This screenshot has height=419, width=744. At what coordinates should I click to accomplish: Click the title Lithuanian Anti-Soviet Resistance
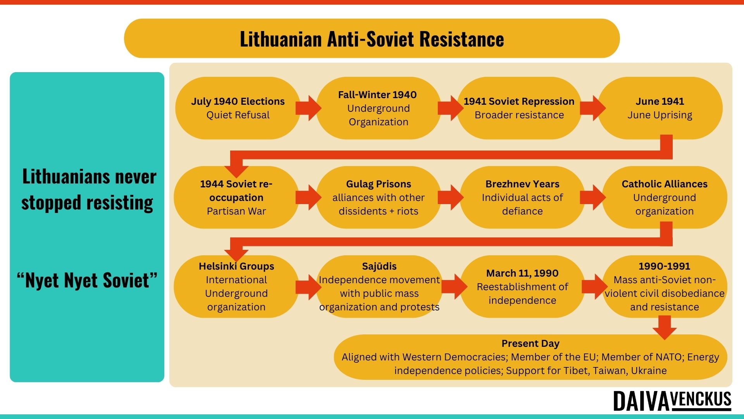click(x=372, y=39)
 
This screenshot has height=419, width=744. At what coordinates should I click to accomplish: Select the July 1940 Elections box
click(x=238, y=108)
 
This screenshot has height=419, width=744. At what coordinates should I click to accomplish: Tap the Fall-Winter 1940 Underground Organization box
click(x=379, y=108)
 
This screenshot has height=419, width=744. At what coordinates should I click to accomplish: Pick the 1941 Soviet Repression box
click(x=519, y=108)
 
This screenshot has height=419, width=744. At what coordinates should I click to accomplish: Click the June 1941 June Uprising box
click(x=660, y=108)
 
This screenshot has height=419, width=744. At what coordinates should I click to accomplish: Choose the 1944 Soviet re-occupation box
click(x=236, y=197)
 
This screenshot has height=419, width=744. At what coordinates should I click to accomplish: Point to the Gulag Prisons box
click(x=379, y=197)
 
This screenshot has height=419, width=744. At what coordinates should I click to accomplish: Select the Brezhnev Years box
click(x=522, y=197)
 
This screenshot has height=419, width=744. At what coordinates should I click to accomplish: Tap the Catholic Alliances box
click(x=665, y=197)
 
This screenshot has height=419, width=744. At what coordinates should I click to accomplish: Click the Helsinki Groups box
click(x=236, y=287)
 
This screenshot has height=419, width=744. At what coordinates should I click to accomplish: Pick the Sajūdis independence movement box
click(x=379, y=287)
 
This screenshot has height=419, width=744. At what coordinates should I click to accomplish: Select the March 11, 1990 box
click(x=522, y=287)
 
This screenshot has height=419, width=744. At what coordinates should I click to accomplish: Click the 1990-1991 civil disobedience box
click(x=665, y=287)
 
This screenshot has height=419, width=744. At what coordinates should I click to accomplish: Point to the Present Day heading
click(x=530, y=344)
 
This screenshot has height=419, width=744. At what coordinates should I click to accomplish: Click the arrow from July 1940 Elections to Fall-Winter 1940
click(x=308, y=108)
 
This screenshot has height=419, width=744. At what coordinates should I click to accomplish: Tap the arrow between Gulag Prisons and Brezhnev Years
click(x=451, y=197)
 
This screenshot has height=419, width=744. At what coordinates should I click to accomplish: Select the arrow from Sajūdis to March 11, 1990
click(x=455, y=287)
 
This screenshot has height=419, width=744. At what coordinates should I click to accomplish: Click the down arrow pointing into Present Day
click(x=665, y=327)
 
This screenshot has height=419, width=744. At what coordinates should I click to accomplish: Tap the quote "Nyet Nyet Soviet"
click(x=87, y=280)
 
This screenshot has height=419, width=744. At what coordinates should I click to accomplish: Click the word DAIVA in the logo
click(x=641, y=402)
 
